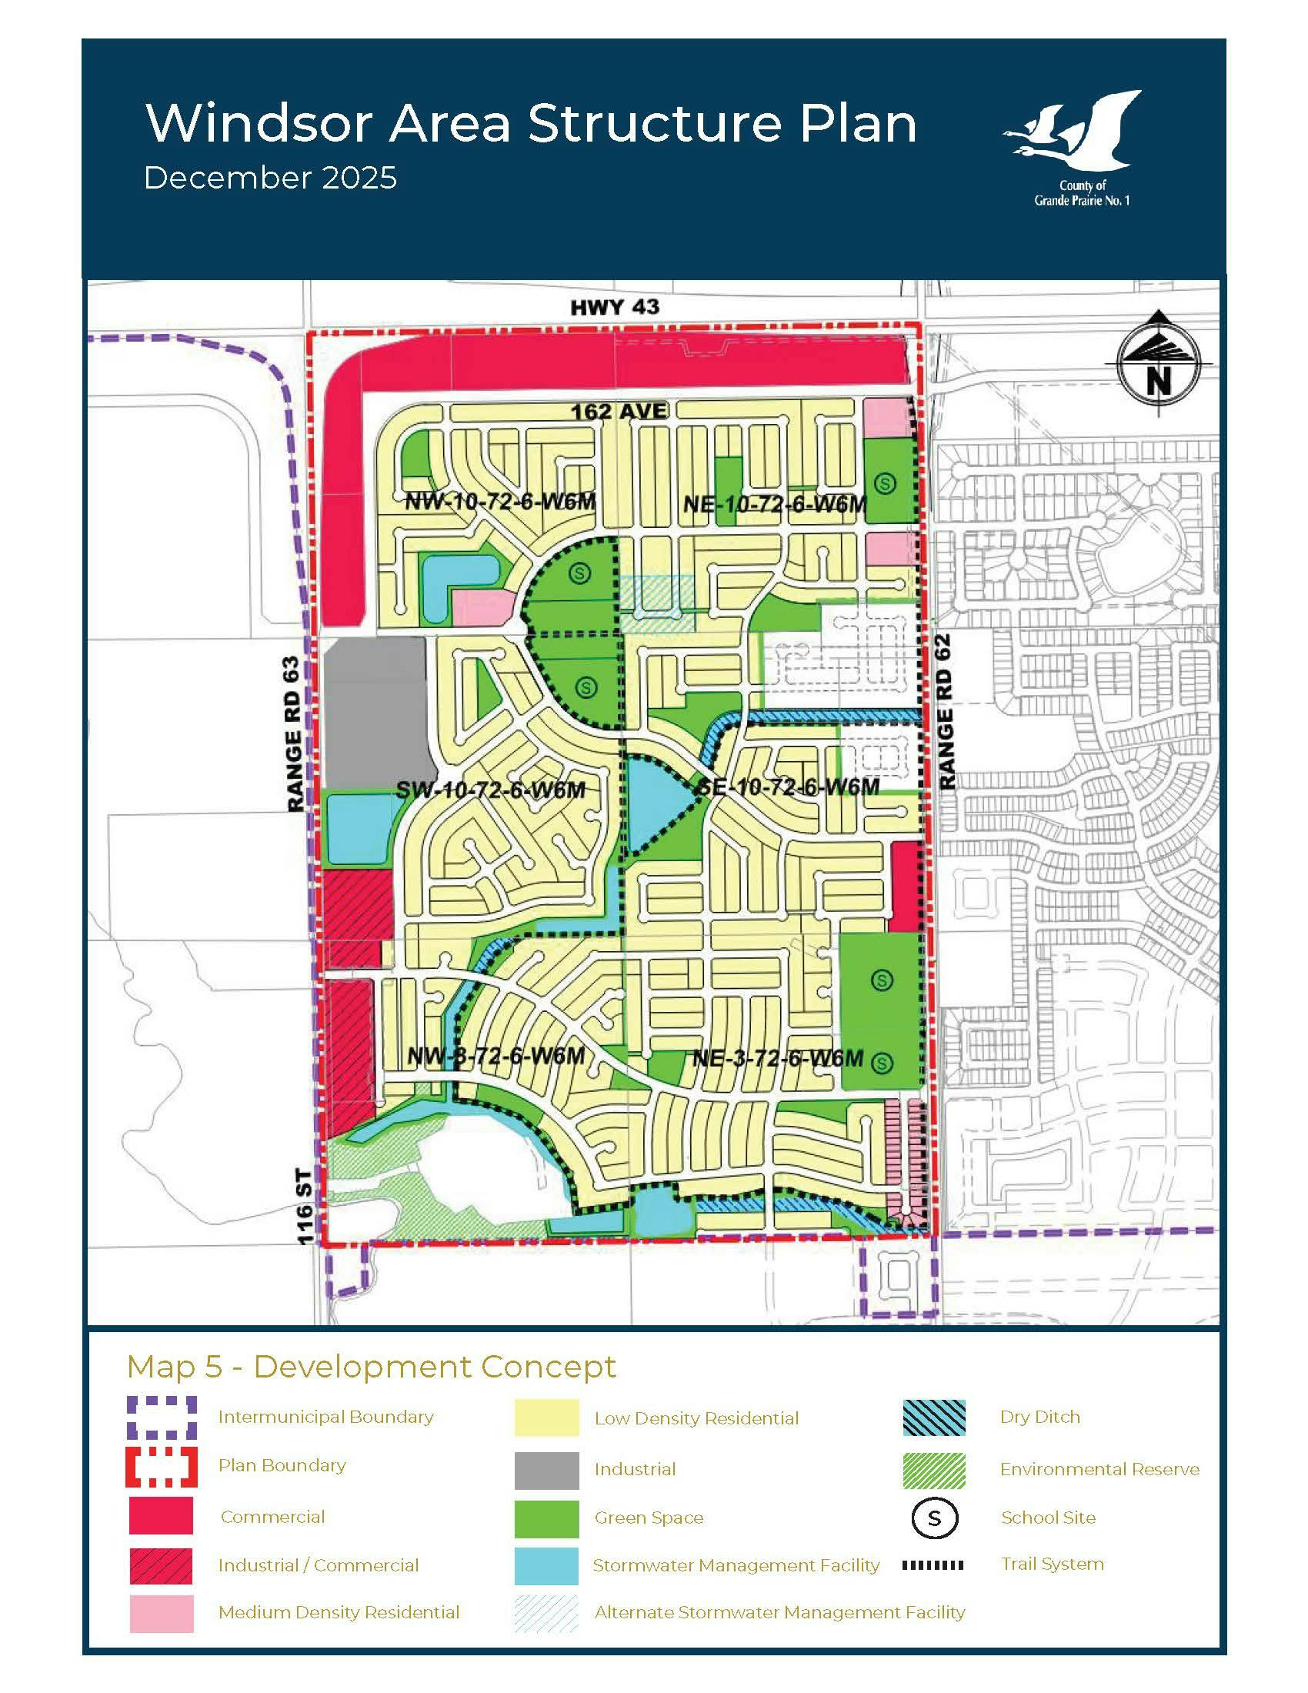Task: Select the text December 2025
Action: click(270, 179)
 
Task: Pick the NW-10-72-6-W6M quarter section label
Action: click(500, 501)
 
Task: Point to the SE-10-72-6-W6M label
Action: click(788, 787)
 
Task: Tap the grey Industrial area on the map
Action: click(375, 710)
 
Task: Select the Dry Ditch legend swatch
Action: click(934, 1417)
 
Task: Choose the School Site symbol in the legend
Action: click(934, 1518)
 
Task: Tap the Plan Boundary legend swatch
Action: click(161, 1466)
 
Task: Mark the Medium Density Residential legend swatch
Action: click(161, 1613)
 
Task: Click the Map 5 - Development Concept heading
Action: click(371, 1367)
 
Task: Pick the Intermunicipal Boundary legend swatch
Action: click(161, 1417)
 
